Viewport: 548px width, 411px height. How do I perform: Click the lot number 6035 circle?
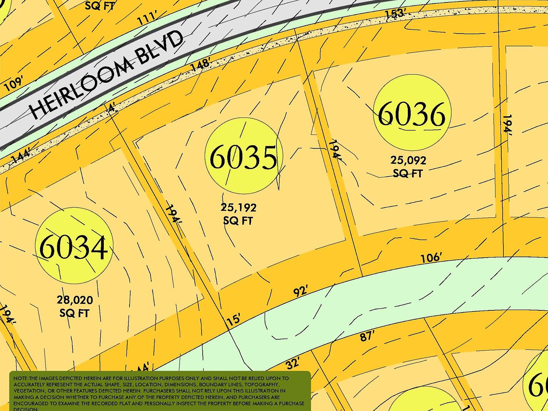[x=244, y=156]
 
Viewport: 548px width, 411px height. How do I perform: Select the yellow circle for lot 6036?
[x=412, y=113]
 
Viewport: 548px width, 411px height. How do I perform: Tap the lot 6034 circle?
[x=74, y=247]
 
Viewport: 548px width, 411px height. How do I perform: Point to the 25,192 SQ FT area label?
[x=238, y=214]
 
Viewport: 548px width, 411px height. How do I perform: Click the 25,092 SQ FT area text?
[x=408, y=167]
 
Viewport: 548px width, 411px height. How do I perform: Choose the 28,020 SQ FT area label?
[x=75, y=306]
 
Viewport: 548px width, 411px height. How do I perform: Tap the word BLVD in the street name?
[x=160, y=47]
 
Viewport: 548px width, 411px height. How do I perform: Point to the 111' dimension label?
[x=148, y=18]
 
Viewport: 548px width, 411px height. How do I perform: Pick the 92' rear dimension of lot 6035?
[x=300, y=291]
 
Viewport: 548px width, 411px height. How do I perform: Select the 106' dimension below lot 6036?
[x=431, y=258]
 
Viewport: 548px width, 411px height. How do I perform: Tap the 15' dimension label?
[x=234, y=319]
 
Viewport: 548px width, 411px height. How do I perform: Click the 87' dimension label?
[x=367, y=336]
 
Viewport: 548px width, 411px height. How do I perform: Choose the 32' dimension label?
[x=293, y=364]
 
